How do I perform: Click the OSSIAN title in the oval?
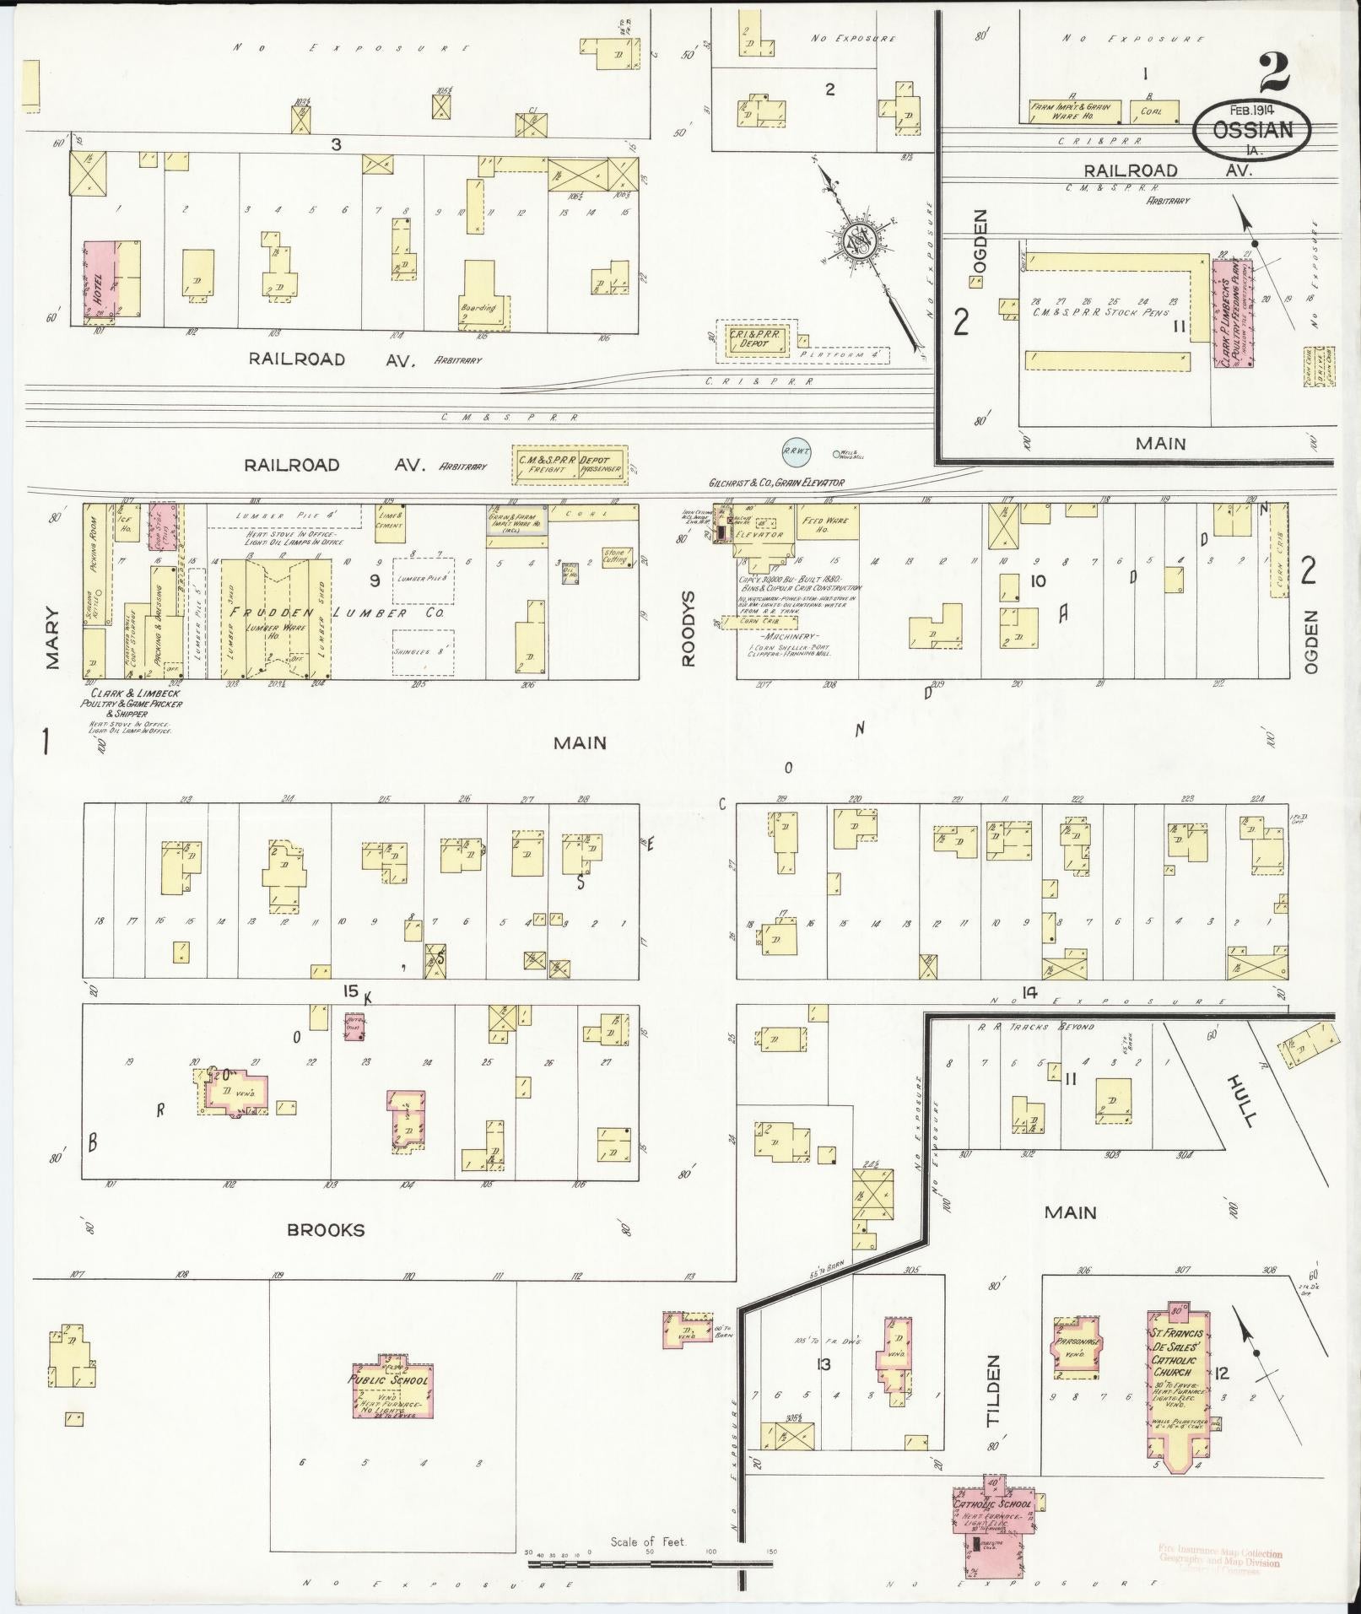[x=1253, y=130]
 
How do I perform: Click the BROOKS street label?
[x=326, y=1229]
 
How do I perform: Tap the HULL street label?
[x=1243, y=1100]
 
